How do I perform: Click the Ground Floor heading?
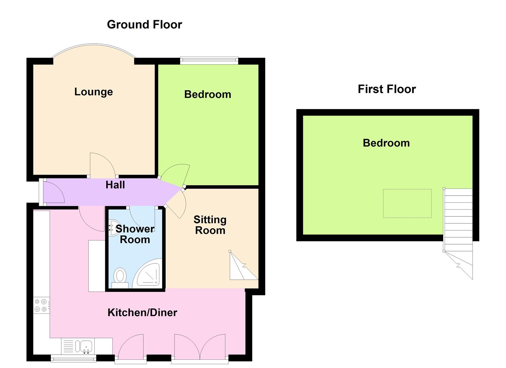pyautogui.click(x=144, y=25)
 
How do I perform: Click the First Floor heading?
pyautogui.click(x=387, y=89)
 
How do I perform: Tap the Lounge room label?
pyautogui.click(x=93, y=92)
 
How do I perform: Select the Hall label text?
pyautogui.click(x=115, y=185)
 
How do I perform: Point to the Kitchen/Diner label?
pyautogui.click(x=142, y=312)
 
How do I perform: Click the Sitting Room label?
pyautogui.click(x=210, y=225)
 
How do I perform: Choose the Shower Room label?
pyautogui.click(x=135, y=234)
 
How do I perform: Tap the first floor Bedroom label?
pyautogui.click(x=386, y=143)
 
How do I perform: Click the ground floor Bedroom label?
pyautogui.click(x=208, y=94)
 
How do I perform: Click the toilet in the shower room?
pyautogui.click(x=120, y=278)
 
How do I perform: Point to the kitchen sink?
pyautogui.click(x=83, y=346)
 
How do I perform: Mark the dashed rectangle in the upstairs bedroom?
pyautogui.click(x=407, y=203)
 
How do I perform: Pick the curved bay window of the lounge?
pyautogui.click(x=94, y=44)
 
